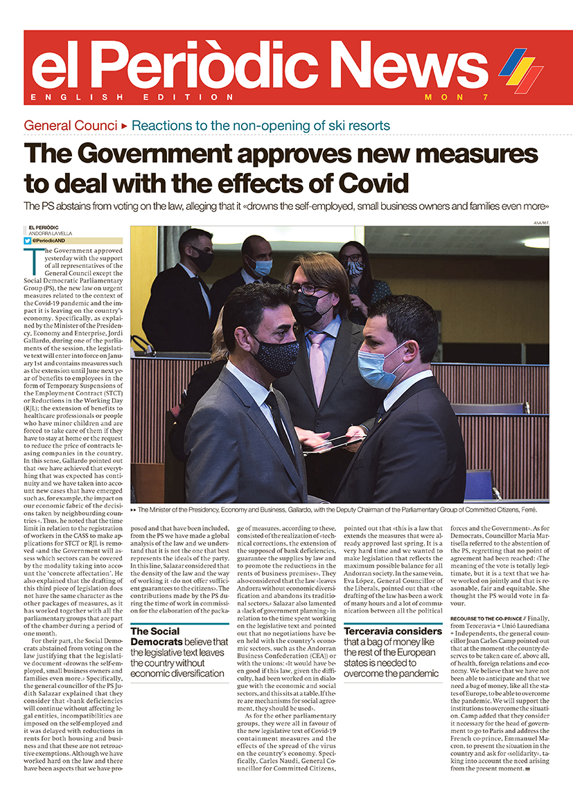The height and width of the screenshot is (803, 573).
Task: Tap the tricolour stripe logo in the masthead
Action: (x=521, y=71)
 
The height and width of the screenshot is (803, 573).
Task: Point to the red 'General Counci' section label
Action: (x=70, y=126)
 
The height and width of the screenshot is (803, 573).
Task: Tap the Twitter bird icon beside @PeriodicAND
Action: (x=28, y=241)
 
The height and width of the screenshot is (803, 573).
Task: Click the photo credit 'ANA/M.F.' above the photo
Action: (x=540, y=223)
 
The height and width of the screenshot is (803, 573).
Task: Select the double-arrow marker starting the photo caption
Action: (x=133, y=509)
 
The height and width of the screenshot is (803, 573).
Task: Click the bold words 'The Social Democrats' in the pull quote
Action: (x=158, y=636)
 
